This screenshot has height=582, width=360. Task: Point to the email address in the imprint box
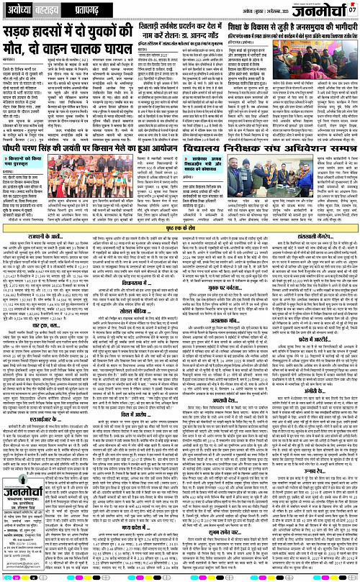pyautogui.click(x=27, y=573)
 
